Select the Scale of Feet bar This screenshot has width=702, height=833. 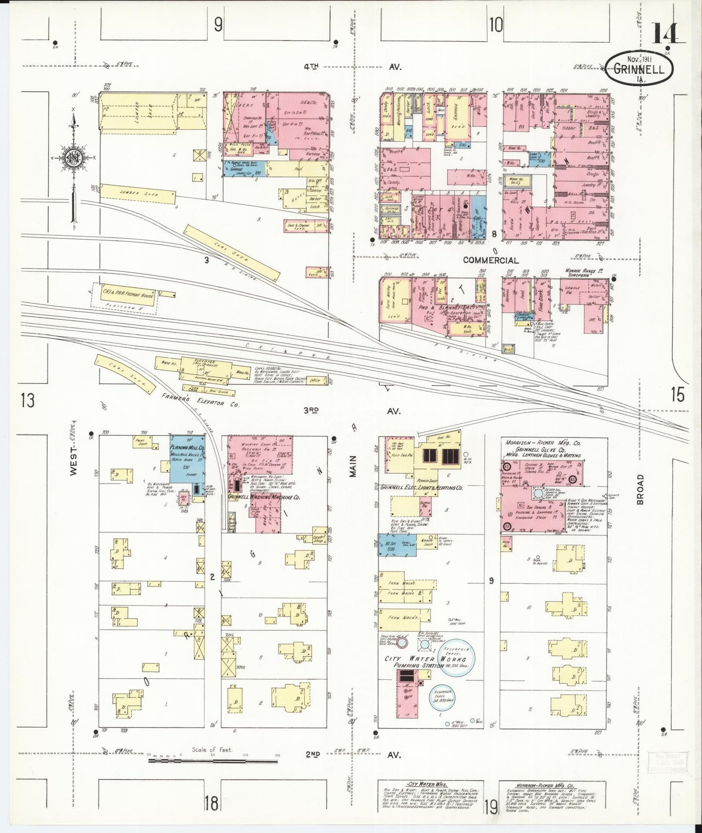tap(213, 770)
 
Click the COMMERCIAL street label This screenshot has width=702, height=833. tap(490, 260)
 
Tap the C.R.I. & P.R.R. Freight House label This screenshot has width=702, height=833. tap(128, 294)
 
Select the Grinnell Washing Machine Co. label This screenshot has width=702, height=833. tap(264, 498)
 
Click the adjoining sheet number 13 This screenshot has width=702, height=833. tap(28, 401)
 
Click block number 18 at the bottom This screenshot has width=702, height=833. tap(211, 803)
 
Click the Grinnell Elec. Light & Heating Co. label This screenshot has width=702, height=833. tap(421, 487)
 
